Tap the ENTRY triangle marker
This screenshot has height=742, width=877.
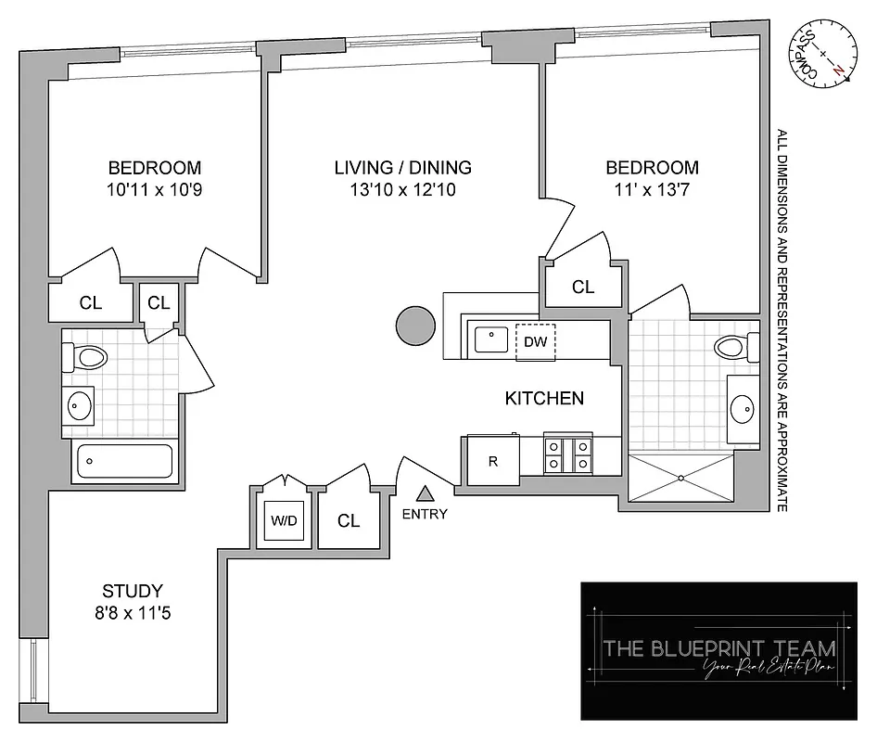[425, 494]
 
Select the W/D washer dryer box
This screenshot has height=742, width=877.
[284, 520]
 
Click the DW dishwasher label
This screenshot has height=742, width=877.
[535, 341]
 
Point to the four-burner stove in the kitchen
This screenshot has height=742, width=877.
[568, 455]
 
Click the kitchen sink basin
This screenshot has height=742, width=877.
[489, 339]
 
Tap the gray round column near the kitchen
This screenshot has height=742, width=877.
[415, 326]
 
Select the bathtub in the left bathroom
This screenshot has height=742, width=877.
[123, 461]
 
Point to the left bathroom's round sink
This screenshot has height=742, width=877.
[80, 405]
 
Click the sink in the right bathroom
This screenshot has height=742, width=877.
[742, 405]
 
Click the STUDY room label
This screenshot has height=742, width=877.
[133, 590]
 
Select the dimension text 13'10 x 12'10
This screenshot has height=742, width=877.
[403, 190]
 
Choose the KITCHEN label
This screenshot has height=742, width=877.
[544, 399]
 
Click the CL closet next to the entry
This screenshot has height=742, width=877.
[348, 520]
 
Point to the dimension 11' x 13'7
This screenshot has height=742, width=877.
[652, 190]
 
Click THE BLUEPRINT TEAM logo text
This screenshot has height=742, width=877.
[718, 647]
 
